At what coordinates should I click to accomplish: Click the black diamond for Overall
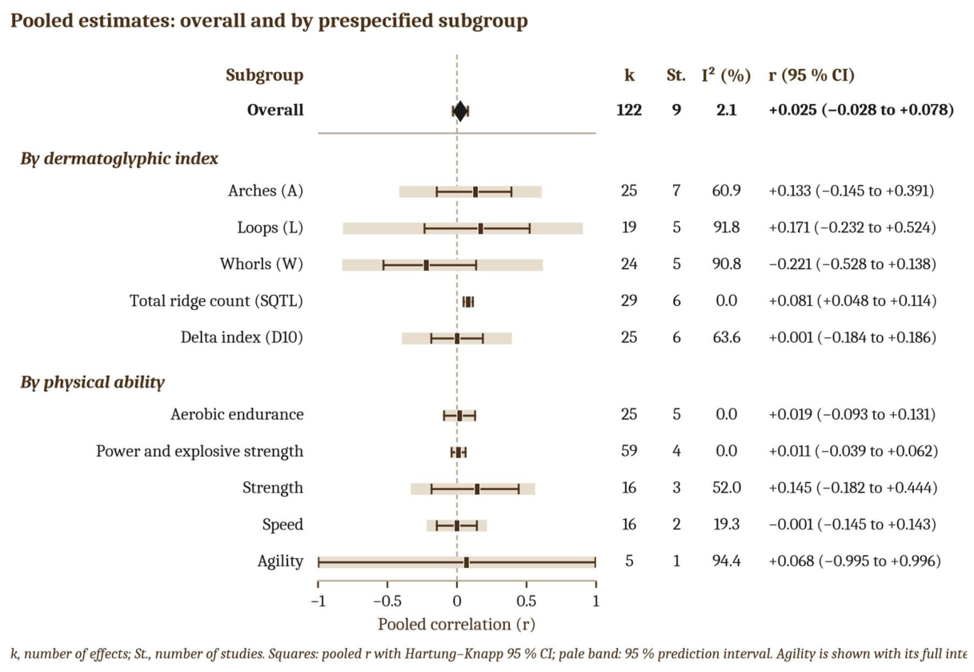[x=460, y=111]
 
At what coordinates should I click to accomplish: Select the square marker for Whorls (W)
[x=426, y=265]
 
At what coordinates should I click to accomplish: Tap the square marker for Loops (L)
[x=480, y=228]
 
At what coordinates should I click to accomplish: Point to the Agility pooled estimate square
[x=466, y=563]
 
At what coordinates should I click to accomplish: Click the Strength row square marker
[x=477, y=489]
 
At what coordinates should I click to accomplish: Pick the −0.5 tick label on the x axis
[x=387, y=602]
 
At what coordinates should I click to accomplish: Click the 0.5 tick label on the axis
[x=526, y=602]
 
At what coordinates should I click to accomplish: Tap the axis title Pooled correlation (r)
[x=456, y=625]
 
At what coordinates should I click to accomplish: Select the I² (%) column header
[x=726, y=75]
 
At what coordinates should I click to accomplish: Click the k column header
[x=629, y=75]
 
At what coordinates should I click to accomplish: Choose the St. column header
[x=676, y=75]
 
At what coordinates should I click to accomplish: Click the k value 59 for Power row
[x=629, y=450]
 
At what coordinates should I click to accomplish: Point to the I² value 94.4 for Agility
[x=726, y=561]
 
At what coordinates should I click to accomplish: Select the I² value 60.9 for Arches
[x=726, y=191]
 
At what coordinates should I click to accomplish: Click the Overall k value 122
[x=629, y=110]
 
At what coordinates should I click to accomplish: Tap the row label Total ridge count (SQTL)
[x=216, y=300]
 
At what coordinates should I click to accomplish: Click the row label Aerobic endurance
[x=237, y=414]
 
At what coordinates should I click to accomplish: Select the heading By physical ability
[x=92, y=382]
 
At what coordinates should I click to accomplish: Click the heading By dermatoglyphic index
[x=119, y=159]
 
